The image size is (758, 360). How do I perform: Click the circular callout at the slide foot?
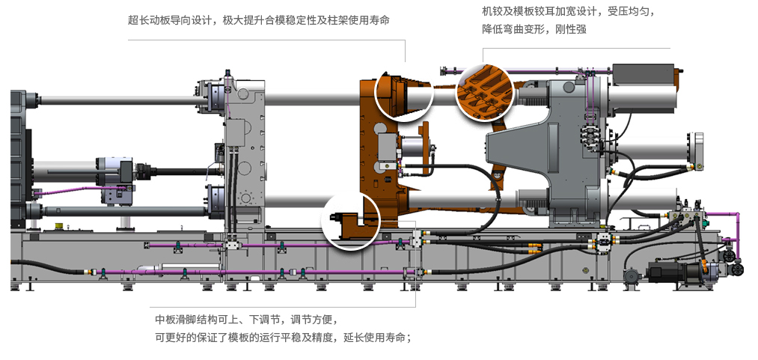(x=351, y=220)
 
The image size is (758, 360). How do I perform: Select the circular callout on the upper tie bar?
(x=404, y=94)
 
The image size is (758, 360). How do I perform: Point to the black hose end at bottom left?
(x=16, y=263)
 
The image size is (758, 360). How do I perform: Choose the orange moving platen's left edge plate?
(x=368, y=150)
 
